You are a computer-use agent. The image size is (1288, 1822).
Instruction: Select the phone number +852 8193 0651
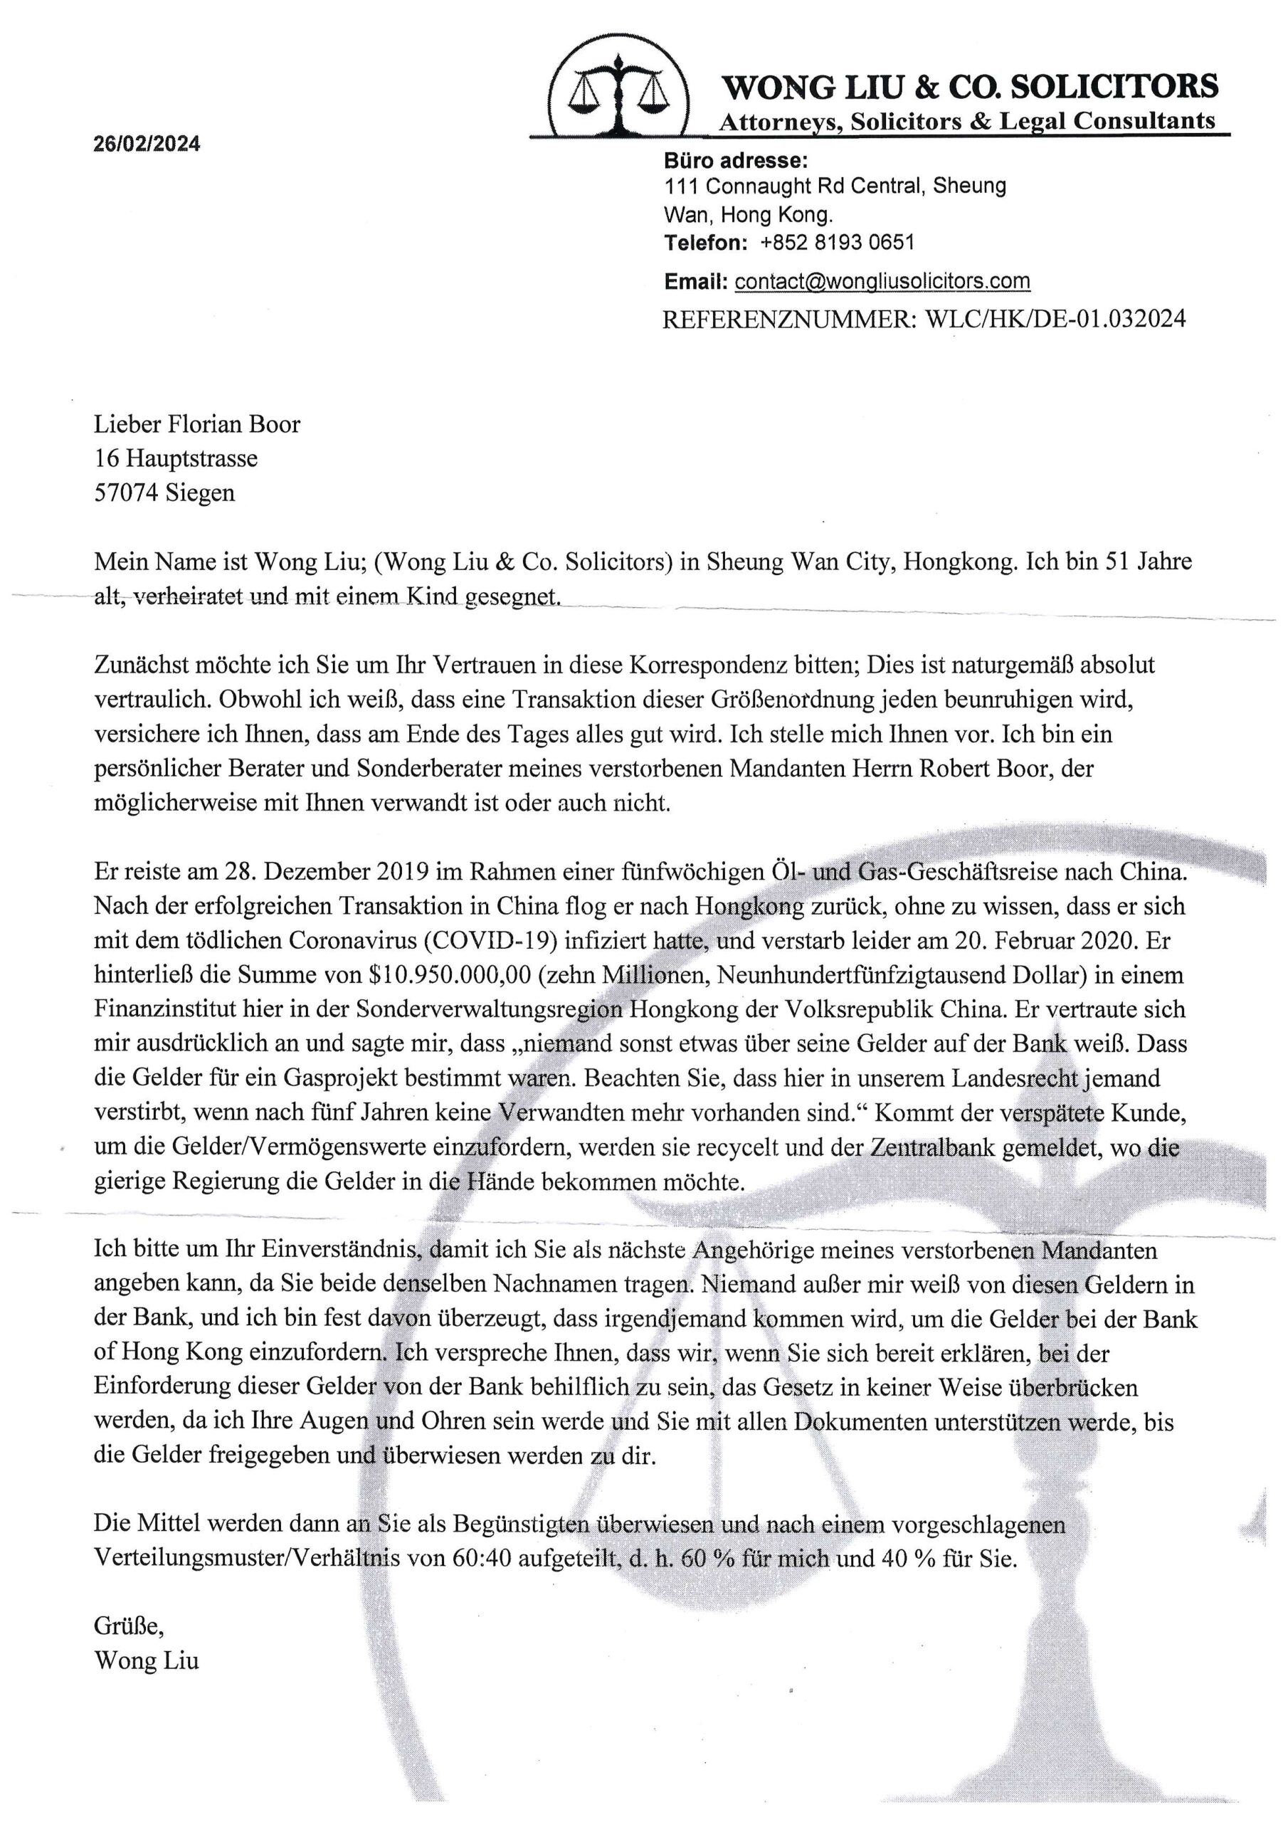(x=838, y=242)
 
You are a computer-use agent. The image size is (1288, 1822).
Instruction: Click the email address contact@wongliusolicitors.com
(x=882, y=281)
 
